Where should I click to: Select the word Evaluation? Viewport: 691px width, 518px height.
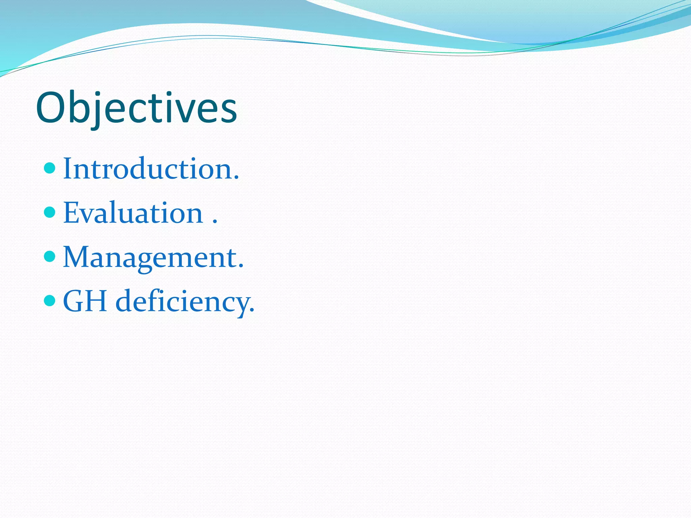[x=133, y=212]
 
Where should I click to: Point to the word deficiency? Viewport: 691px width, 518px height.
[x=184, y=301]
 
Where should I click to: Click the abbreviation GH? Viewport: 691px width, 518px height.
[x=85, y=301]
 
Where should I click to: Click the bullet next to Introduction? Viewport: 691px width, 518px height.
[x=50, y=168]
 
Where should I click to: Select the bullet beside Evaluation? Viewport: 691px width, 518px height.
[x=50, y=212]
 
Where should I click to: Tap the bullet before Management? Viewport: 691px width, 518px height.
[x=50, y=256]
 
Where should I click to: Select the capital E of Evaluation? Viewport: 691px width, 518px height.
[x=71, y=212]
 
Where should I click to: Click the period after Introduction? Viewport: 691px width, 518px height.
[x=236, y=177]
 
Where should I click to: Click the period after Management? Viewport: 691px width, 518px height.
[x=241, y=266]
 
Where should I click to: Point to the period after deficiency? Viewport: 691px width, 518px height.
[x=252, y=310]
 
